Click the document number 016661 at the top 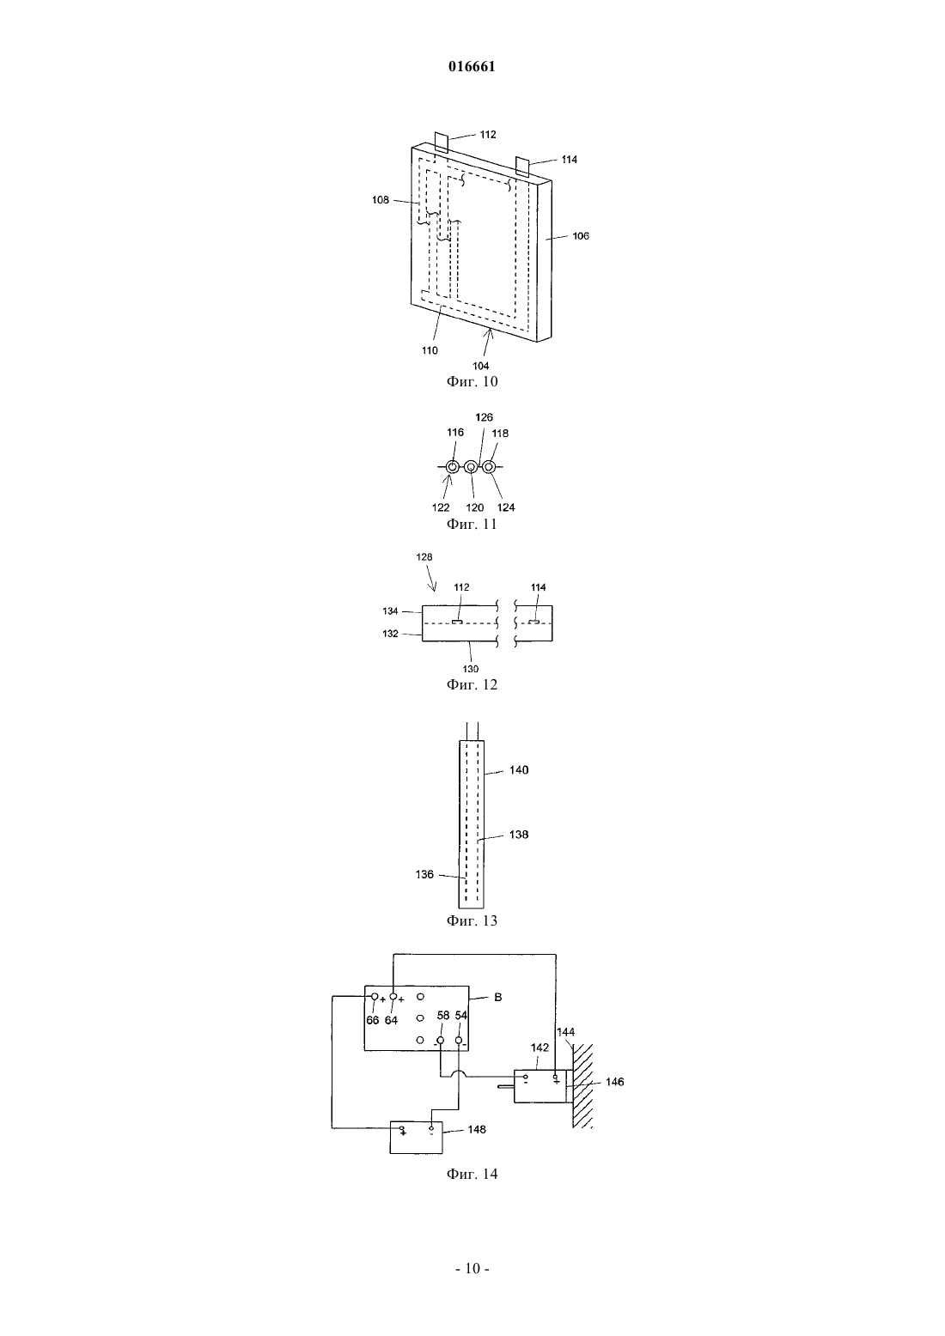(x=472, y=67)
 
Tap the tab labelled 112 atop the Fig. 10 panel (x=442, y=142)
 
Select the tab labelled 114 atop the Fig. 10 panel (x=522, y=166)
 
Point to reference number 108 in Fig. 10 (x=381, y=200)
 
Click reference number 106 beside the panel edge (x=581, y=235)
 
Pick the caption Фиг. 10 (x=472, y=381)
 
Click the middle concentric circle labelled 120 (x=471, y=467)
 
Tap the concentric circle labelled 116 (x=453, y=467)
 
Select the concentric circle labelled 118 (x=489, y=467)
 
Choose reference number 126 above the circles (x=484, y=417)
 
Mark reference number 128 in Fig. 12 (x=424, y=557)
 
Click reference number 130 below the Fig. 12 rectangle (x=471, y=669)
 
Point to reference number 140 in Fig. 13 (x=519, y=770)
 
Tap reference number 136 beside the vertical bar (x=424, y=874)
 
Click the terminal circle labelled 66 (x=375, y=997)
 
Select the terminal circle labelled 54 (x=459, y=1040)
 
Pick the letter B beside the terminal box (x=498, y=997)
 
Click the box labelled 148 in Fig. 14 (x=417, y=1138)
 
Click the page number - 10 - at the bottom (x=472, y=1269)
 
